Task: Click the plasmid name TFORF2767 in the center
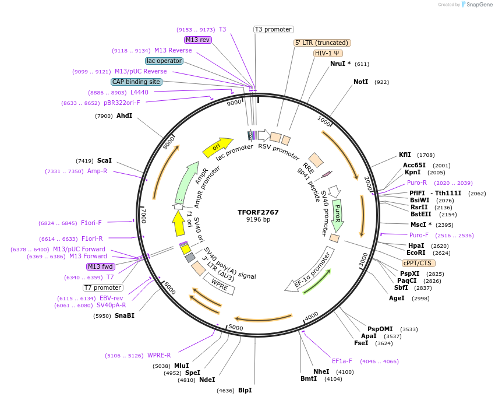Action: pos(258,212)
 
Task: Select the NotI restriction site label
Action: pos(361,82)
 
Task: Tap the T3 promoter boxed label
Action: pos(274,29)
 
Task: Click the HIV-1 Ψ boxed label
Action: pos(328,53)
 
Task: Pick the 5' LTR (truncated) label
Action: pos(321,43)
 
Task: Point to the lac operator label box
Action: pos(164,61)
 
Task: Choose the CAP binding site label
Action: pos(136,82)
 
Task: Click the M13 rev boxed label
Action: pos(197,40)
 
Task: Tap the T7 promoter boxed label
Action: pos(102,287)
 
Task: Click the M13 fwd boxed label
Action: pos(100,266)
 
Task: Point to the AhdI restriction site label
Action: pos(124,115)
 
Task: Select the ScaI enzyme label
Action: pos(104,160)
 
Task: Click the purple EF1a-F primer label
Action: pos(342,361)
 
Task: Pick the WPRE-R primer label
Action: pos(159,355)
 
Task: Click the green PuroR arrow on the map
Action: pos(337,215)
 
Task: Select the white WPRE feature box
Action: pos(219,284)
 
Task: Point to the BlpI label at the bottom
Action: pos(245,390)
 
